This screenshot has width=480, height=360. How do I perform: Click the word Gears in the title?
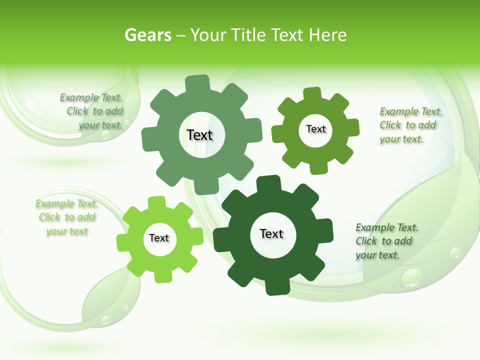pyautogui.click(x=147, y=35)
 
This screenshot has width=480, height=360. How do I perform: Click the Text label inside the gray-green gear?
pyautogui.click(x=199, y=135)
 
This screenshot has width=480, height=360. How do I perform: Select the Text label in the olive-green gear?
pyautogui.click(x=315, y=129)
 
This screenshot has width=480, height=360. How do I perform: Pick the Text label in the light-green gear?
pyautogui.click(x=159, y=238)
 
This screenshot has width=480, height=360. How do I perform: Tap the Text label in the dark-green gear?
pyautogui.click(x=271, y=233)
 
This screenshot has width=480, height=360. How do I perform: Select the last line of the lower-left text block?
pyautogui.click(x=67, y=231)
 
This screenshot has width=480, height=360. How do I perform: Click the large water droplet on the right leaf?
pyautogui.click(x=411, y=277)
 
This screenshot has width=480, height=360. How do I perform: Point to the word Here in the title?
pyautogui.click(x=328, y=35)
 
